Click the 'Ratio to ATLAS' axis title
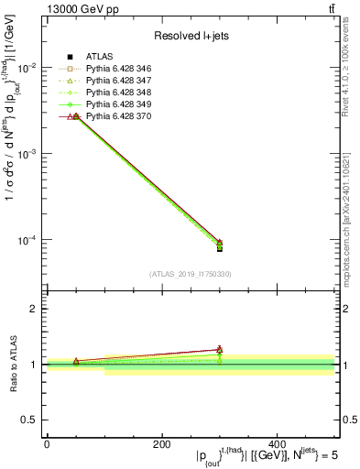[x=13, y=363]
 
